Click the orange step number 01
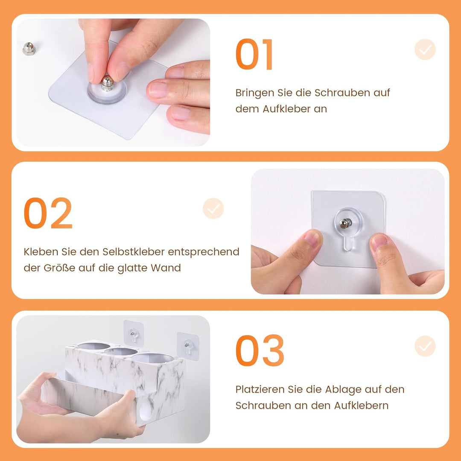254,54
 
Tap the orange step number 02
48,213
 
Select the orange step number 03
260,350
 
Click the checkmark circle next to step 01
425,50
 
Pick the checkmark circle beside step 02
213,208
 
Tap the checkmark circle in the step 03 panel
425,346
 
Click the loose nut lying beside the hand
29,49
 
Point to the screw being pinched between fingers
107,84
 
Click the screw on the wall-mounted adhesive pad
346,223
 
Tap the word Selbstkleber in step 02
133,252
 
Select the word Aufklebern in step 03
362,406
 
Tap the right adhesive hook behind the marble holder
188,346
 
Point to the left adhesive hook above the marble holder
134,333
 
